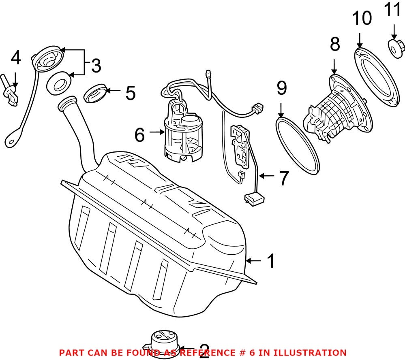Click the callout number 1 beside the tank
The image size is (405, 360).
click(x=270, y=261)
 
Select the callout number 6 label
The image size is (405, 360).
click(x=139, y=135)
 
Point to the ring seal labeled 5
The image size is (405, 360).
click(x=96, y=93)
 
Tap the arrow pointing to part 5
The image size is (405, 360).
click(x=115, y=91)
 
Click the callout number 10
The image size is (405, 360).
click(x=362, y=19)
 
